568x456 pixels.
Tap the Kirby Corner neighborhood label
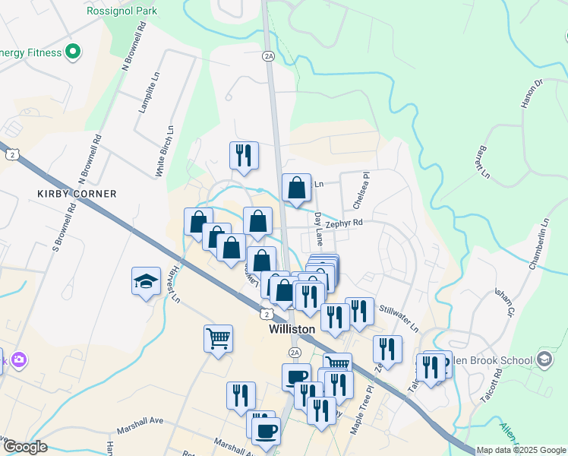tap(77, 194)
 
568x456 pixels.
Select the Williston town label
tap(292, 330)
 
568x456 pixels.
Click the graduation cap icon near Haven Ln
tap(146, 282)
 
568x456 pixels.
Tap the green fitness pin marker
tap(73, 52)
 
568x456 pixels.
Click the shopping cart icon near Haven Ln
tap(218, 337)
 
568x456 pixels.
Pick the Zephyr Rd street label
tap(344, 223)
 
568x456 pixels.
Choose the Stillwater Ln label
tap(399, 318)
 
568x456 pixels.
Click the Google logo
tap(24, 448)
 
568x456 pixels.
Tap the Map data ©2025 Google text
tap(520, 450)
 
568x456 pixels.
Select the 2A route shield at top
tap(268, 56)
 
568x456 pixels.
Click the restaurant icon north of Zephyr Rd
tap(244, 154)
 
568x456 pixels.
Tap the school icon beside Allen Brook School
tap(544, 359)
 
